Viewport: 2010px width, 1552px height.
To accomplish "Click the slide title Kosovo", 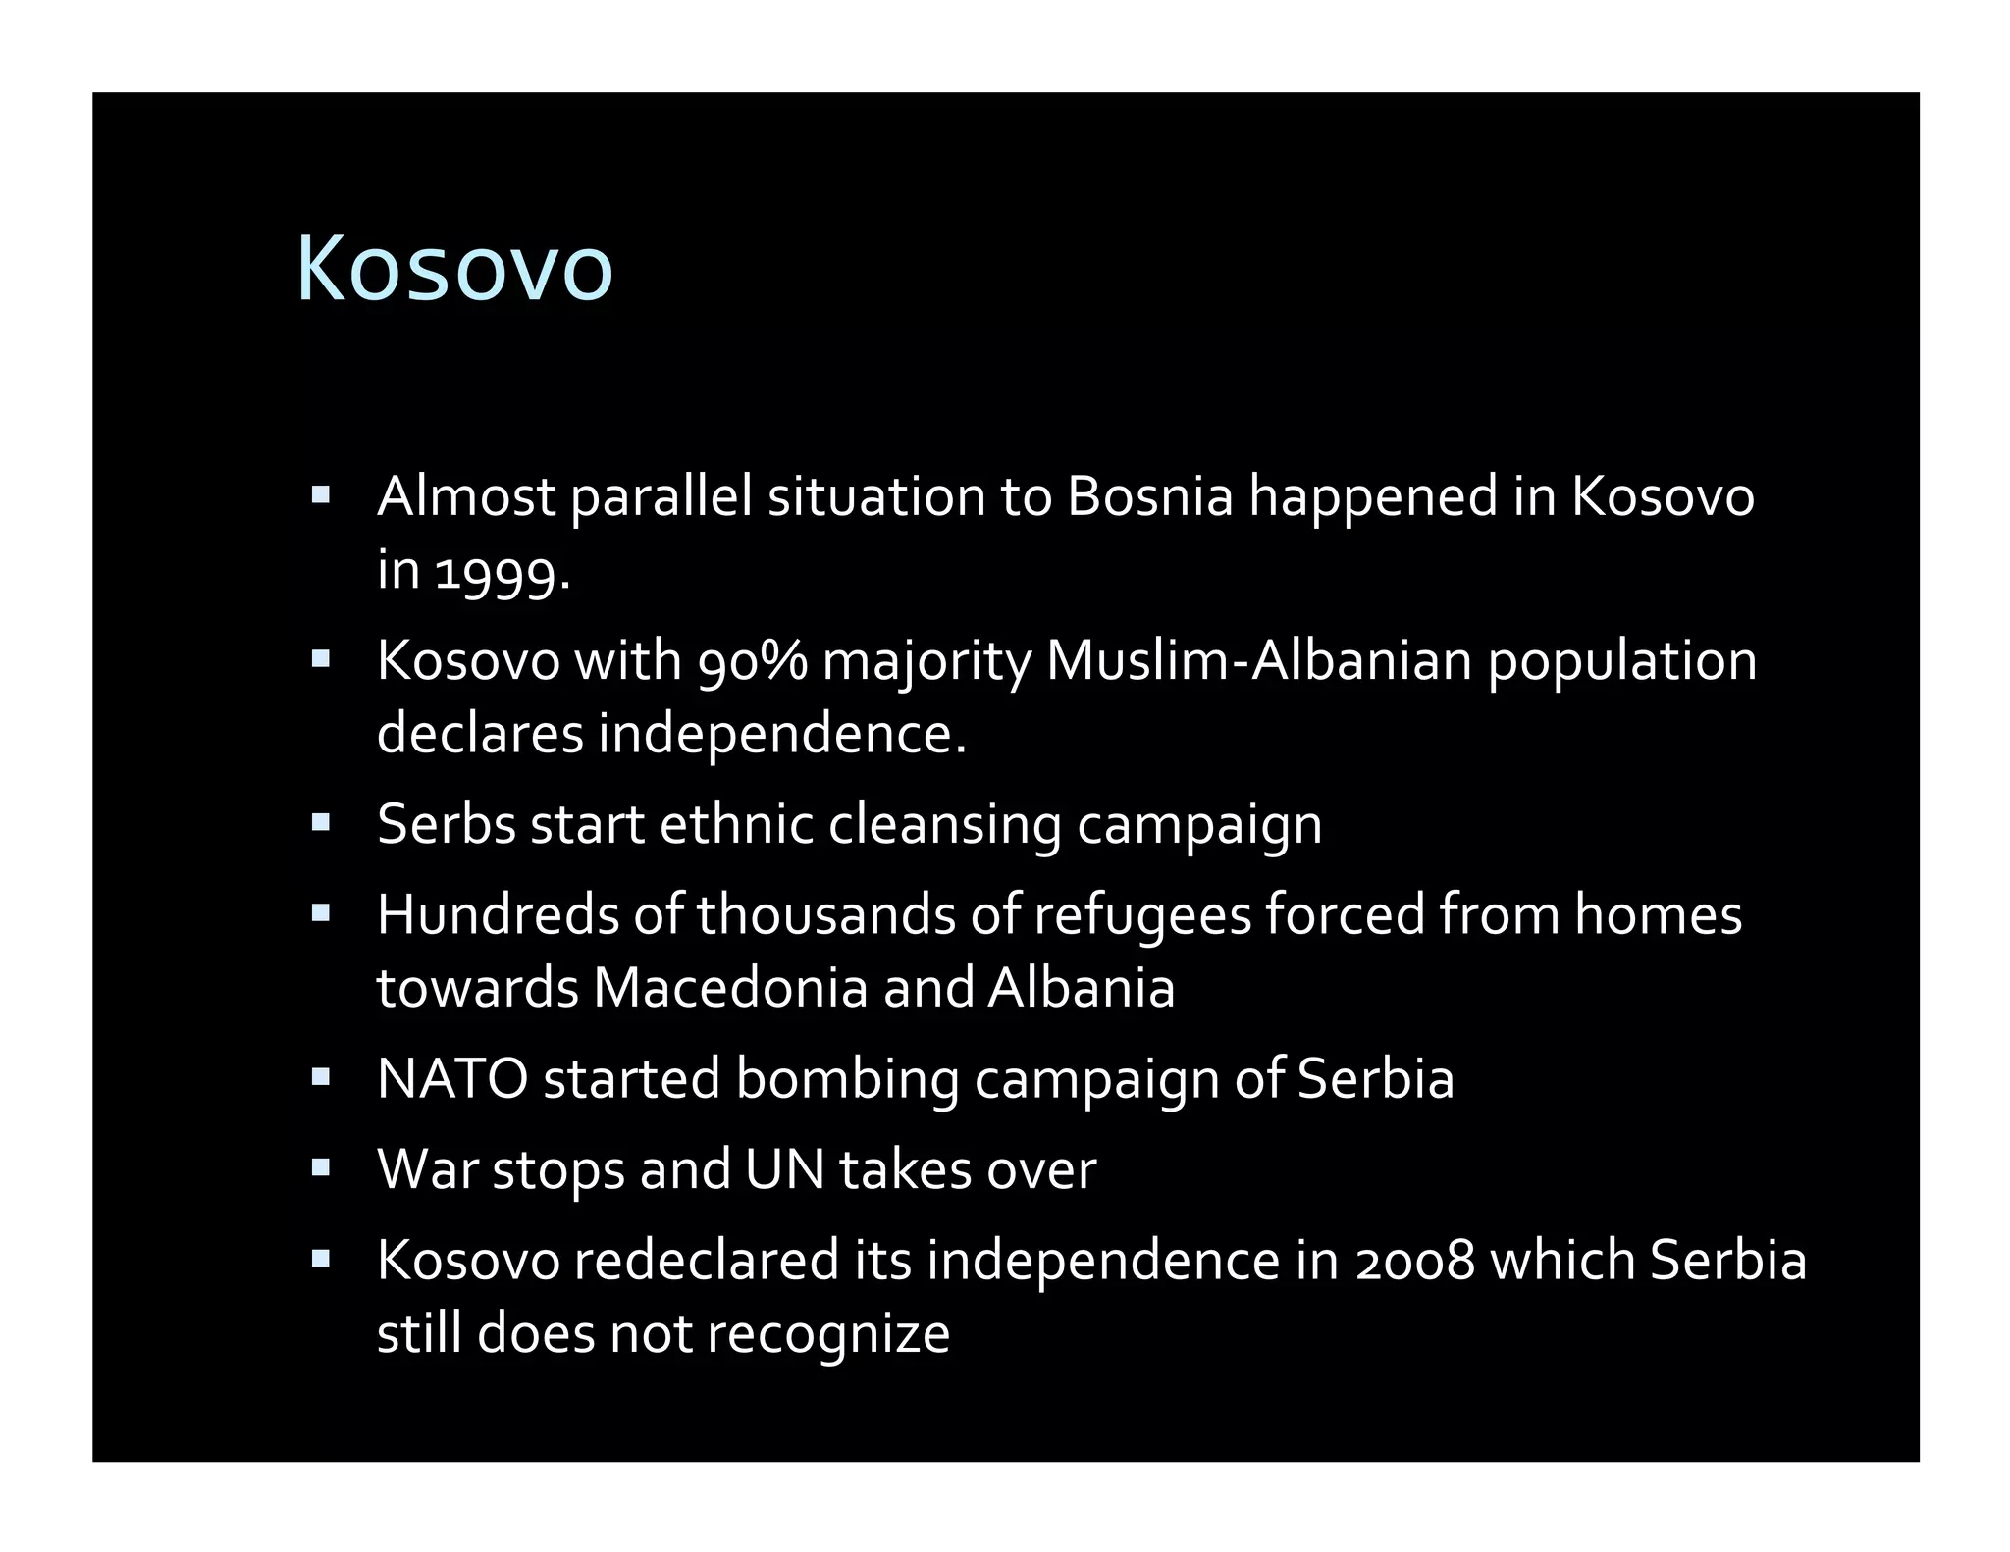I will tap(454, 269).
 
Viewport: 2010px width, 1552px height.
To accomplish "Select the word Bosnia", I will tap(1149, 496).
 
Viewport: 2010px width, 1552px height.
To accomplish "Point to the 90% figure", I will tap(752, 660).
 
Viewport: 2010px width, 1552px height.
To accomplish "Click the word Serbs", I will tap(447, 824).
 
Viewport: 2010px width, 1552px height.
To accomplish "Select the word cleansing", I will tap(944, 824).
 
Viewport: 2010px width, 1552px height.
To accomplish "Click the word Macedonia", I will tap(730, 988).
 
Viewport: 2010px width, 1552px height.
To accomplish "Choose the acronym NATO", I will tap(452, 1078).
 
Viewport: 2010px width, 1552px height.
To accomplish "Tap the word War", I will tap(428, 1169).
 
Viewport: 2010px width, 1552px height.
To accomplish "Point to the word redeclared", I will tap(707, 1261).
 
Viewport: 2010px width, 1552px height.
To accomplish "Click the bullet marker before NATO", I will tap(320, 1078).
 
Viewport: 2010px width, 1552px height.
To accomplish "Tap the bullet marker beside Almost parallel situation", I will tap(320, 495).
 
